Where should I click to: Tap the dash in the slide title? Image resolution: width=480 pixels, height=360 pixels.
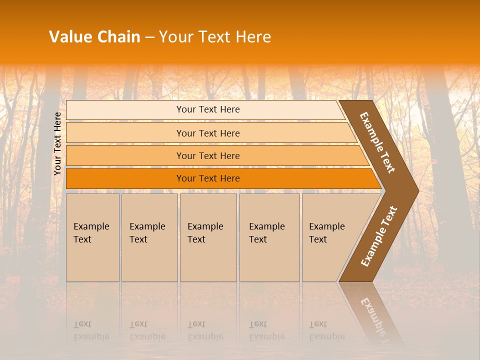[149, 37]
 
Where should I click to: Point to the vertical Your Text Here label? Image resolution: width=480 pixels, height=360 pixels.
[57, 143]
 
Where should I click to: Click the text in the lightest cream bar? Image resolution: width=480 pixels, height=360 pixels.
[208, 109]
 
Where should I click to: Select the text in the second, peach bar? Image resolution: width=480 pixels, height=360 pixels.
[208, 133]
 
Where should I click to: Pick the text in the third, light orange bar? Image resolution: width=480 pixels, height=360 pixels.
[208, 156]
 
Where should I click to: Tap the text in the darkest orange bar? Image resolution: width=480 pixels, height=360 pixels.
[208, 178]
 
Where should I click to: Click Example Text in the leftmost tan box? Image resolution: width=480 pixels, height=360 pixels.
[91, 233]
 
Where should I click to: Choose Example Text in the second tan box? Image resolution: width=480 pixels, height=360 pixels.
[147, 233]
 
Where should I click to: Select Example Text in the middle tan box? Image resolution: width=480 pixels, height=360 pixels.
[205, 233]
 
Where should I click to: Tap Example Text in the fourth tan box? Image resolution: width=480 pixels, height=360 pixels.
[266, 233]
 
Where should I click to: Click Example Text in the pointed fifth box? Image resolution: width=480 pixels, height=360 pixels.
[326, 233]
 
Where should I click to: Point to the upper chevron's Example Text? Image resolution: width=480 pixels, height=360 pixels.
[377, 142]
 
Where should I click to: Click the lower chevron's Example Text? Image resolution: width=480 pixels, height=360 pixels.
[379, 236]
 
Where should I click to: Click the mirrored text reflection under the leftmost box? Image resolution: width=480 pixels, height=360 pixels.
[91, 331]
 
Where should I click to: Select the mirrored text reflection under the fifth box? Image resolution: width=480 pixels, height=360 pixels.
[326, 331]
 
